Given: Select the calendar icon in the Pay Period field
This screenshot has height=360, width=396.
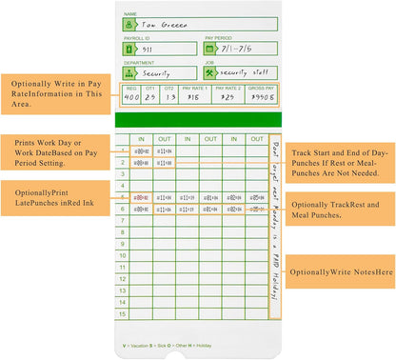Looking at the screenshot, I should pyautogui.click(x=210, y=50).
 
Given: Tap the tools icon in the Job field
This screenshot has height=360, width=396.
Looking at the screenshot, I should pyautogui.click(x=210, y=73).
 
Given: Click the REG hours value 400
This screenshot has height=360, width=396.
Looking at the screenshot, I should pyautogui.click(x=131, y=97).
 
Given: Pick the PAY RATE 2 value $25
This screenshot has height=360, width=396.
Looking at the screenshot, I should pyautogui.click(x=228, y=97).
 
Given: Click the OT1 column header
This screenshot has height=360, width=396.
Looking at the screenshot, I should pyautogui.click(x=151, y=89).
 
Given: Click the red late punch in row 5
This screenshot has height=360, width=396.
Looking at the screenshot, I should pyautogui.click(x=141, y=197).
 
